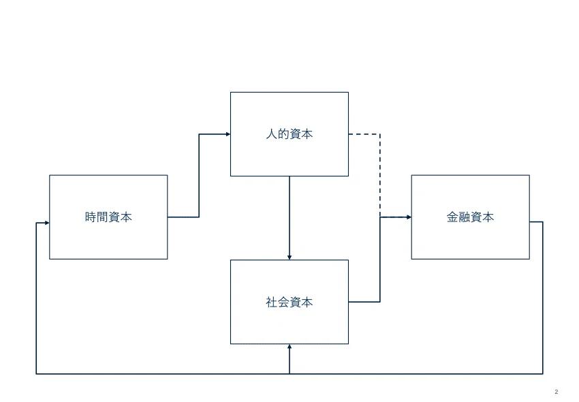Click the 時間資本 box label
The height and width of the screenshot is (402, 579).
tap(108, 217)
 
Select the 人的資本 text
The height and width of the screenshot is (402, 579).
tap(289, 134)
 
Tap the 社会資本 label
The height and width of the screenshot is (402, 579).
tap(289, 302)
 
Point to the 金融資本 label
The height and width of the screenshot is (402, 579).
tap(470, 217)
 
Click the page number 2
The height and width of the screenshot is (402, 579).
tap(557, 392)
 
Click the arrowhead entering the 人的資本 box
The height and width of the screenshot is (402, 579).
tap(228, 134)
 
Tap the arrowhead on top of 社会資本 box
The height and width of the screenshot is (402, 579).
tap(289, 257)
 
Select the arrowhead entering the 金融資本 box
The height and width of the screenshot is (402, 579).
tap(409, 217)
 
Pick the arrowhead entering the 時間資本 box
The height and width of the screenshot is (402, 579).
tap(47, 223)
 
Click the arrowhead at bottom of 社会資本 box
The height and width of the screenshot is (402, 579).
tap(289, 347)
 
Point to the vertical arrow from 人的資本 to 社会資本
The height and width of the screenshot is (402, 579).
tap(289, 218)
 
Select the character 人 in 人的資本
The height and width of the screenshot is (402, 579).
tap(271, 134)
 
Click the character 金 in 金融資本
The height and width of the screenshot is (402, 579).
tap(452, 217)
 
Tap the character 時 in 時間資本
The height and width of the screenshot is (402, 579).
tap(91, 217)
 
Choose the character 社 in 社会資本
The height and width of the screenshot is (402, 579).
tap(271, 302)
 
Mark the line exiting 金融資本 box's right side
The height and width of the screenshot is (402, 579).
tap(542, 298)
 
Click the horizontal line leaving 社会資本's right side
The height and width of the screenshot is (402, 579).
tap(364, 302)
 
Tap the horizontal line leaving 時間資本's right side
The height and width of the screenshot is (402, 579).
tap(183, 217)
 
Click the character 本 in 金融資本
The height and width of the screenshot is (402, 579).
tap(488, 217)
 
